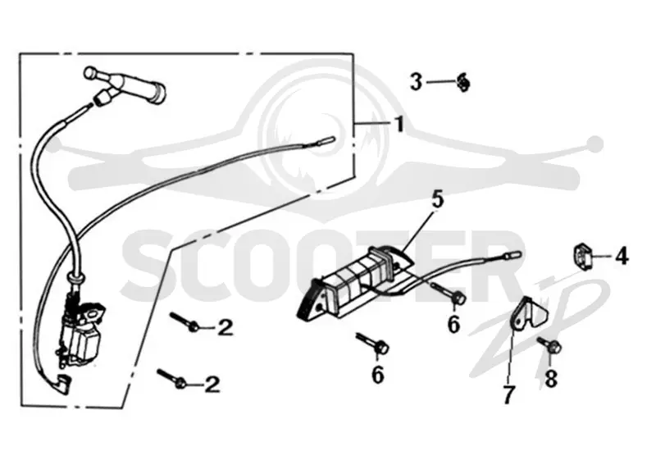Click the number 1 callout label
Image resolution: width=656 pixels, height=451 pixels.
(400, 125)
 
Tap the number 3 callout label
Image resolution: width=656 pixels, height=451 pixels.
(416, 81)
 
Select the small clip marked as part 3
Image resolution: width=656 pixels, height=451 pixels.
(462, 82)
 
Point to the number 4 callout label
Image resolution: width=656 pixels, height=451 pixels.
(622, 256)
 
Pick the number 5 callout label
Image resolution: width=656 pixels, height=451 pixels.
(437, 199)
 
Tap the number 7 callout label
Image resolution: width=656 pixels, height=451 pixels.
(508, 395)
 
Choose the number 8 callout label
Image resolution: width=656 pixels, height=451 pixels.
(551, 379)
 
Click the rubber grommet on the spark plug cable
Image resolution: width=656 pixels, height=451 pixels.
(76, 278)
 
